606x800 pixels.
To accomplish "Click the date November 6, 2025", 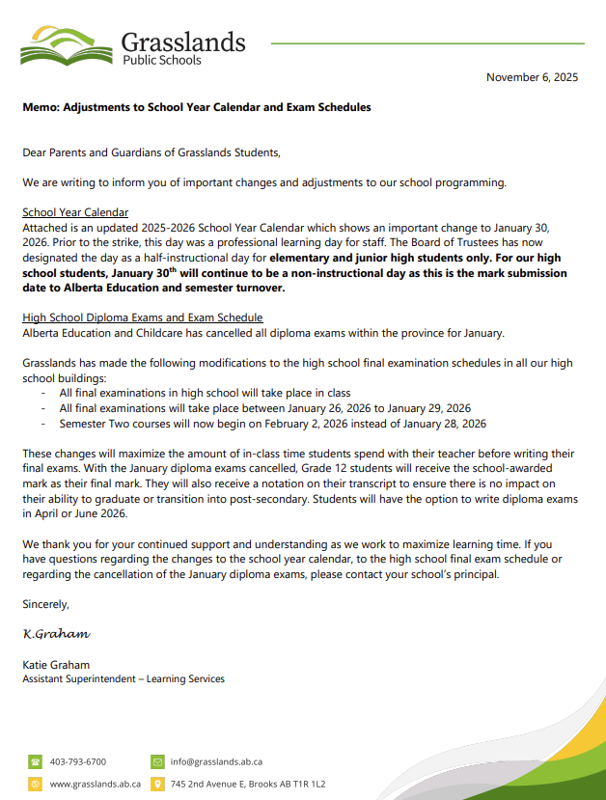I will click(x=532, y=77).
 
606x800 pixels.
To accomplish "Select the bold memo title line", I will click(x=197, y=107).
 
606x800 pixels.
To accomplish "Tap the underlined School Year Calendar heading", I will click(x=75, y=212).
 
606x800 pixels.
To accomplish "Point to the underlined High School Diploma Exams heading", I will click(x=143, y=317).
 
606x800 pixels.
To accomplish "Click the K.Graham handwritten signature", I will click(x=56, y=634).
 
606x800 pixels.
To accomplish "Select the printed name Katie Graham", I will click(x=57, y=665).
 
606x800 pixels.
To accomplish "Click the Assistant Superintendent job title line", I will click(x=124, y=679).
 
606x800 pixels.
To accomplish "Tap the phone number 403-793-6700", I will click(x=78, y=761).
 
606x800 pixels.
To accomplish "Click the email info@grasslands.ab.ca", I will click(x=216, y=761).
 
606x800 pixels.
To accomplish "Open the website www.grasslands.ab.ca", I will click(x=96, y=784).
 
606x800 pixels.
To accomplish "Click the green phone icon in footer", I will click(x=36, y=761).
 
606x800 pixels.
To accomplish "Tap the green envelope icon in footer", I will click(x=157, y=761).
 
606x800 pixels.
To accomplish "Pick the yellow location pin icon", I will click(x=157, y=784).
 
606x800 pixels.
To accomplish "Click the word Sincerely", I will click(x=46, y=604).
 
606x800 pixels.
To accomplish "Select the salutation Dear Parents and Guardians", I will click(x=151, y=152).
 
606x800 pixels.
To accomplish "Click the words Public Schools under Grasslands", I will click(x=162, y=60).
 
